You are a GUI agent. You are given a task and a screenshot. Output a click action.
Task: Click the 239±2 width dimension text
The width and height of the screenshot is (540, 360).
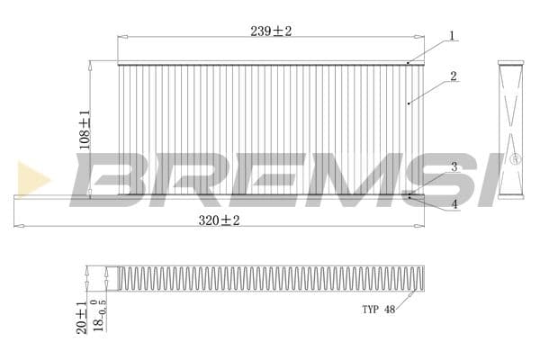271,31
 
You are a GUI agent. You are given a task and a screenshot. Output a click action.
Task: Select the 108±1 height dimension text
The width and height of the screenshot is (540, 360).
85,130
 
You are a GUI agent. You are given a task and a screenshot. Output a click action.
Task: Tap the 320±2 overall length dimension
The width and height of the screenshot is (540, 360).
220,220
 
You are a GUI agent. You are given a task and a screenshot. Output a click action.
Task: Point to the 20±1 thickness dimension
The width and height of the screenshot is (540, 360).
82,316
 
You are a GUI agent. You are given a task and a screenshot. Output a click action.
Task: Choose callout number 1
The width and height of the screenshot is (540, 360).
452,36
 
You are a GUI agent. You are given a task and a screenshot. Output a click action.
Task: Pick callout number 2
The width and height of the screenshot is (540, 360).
454,76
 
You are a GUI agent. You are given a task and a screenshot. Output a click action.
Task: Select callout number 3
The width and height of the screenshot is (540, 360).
454,167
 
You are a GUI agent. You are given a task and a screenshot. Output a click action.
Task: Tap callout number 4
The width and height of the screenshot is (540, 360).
454,204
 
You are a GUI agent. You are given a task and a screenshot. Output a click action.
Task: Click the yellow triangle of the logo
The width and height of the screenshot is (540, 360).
32,178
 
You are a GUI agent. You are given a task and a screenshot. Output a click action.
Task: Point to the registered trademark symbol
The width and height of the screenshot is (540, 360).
516,158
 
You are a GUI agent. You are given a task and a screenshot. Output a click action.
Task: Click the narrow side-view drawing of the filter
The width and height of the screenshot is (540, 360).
510,129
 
